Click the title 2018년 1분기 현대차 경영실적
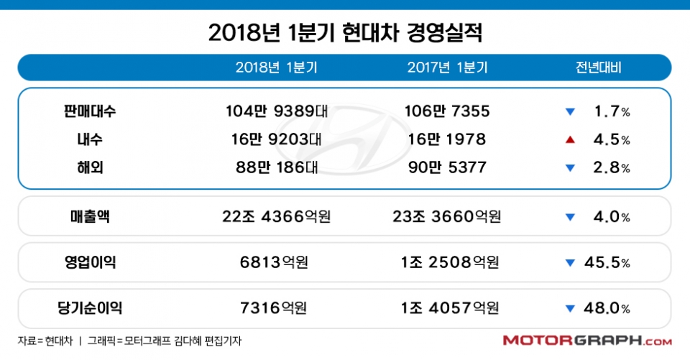coord(345,32)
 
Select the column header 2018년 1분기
coord(277,68)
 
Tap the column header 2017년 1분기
coord(447,68)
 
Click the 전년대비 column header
coord(598,68)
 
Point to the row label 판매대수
coord(89,111)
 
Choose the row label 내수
coord(89,139)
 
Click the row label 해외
coord(89,167)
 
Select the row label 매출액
coord(89,217)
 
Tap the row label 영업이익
coord(89,262)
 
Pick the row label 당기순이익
coord(89,308)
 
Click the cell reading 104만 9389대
coord(277,111)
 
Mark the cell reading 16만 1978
coord(447,139)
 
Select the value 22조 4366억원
coord(277,217)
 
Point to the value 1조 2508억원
coord(447,262)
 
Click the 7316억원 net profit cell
coord(277,308)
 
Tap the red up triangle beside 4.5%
coord(570,139)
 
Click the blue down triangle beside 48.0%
coord(570,308)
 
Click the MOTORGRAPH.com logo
coord(587,341)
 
